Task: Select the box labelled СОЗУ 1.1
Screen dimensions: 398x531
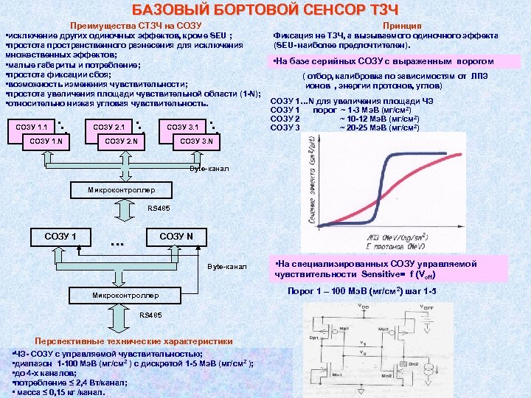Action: click(x=32, y=126)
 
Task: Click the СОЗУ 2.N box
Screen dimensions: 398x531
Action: click(x=122, y=141)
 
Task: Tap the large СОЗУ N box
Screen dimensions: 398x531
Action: click(x=176, y=236)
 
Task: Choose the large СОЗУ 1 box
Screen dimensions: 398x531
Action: click(x=60, y=236)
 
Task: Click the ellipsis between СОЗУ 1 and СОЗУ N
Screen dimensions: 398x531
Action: click(x=116, y=242)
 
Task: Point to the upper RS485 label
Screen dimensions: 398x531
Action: click(x=159, y=209)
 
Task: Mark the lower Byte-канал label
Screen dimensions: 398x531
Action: click(x=229, y=265)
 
